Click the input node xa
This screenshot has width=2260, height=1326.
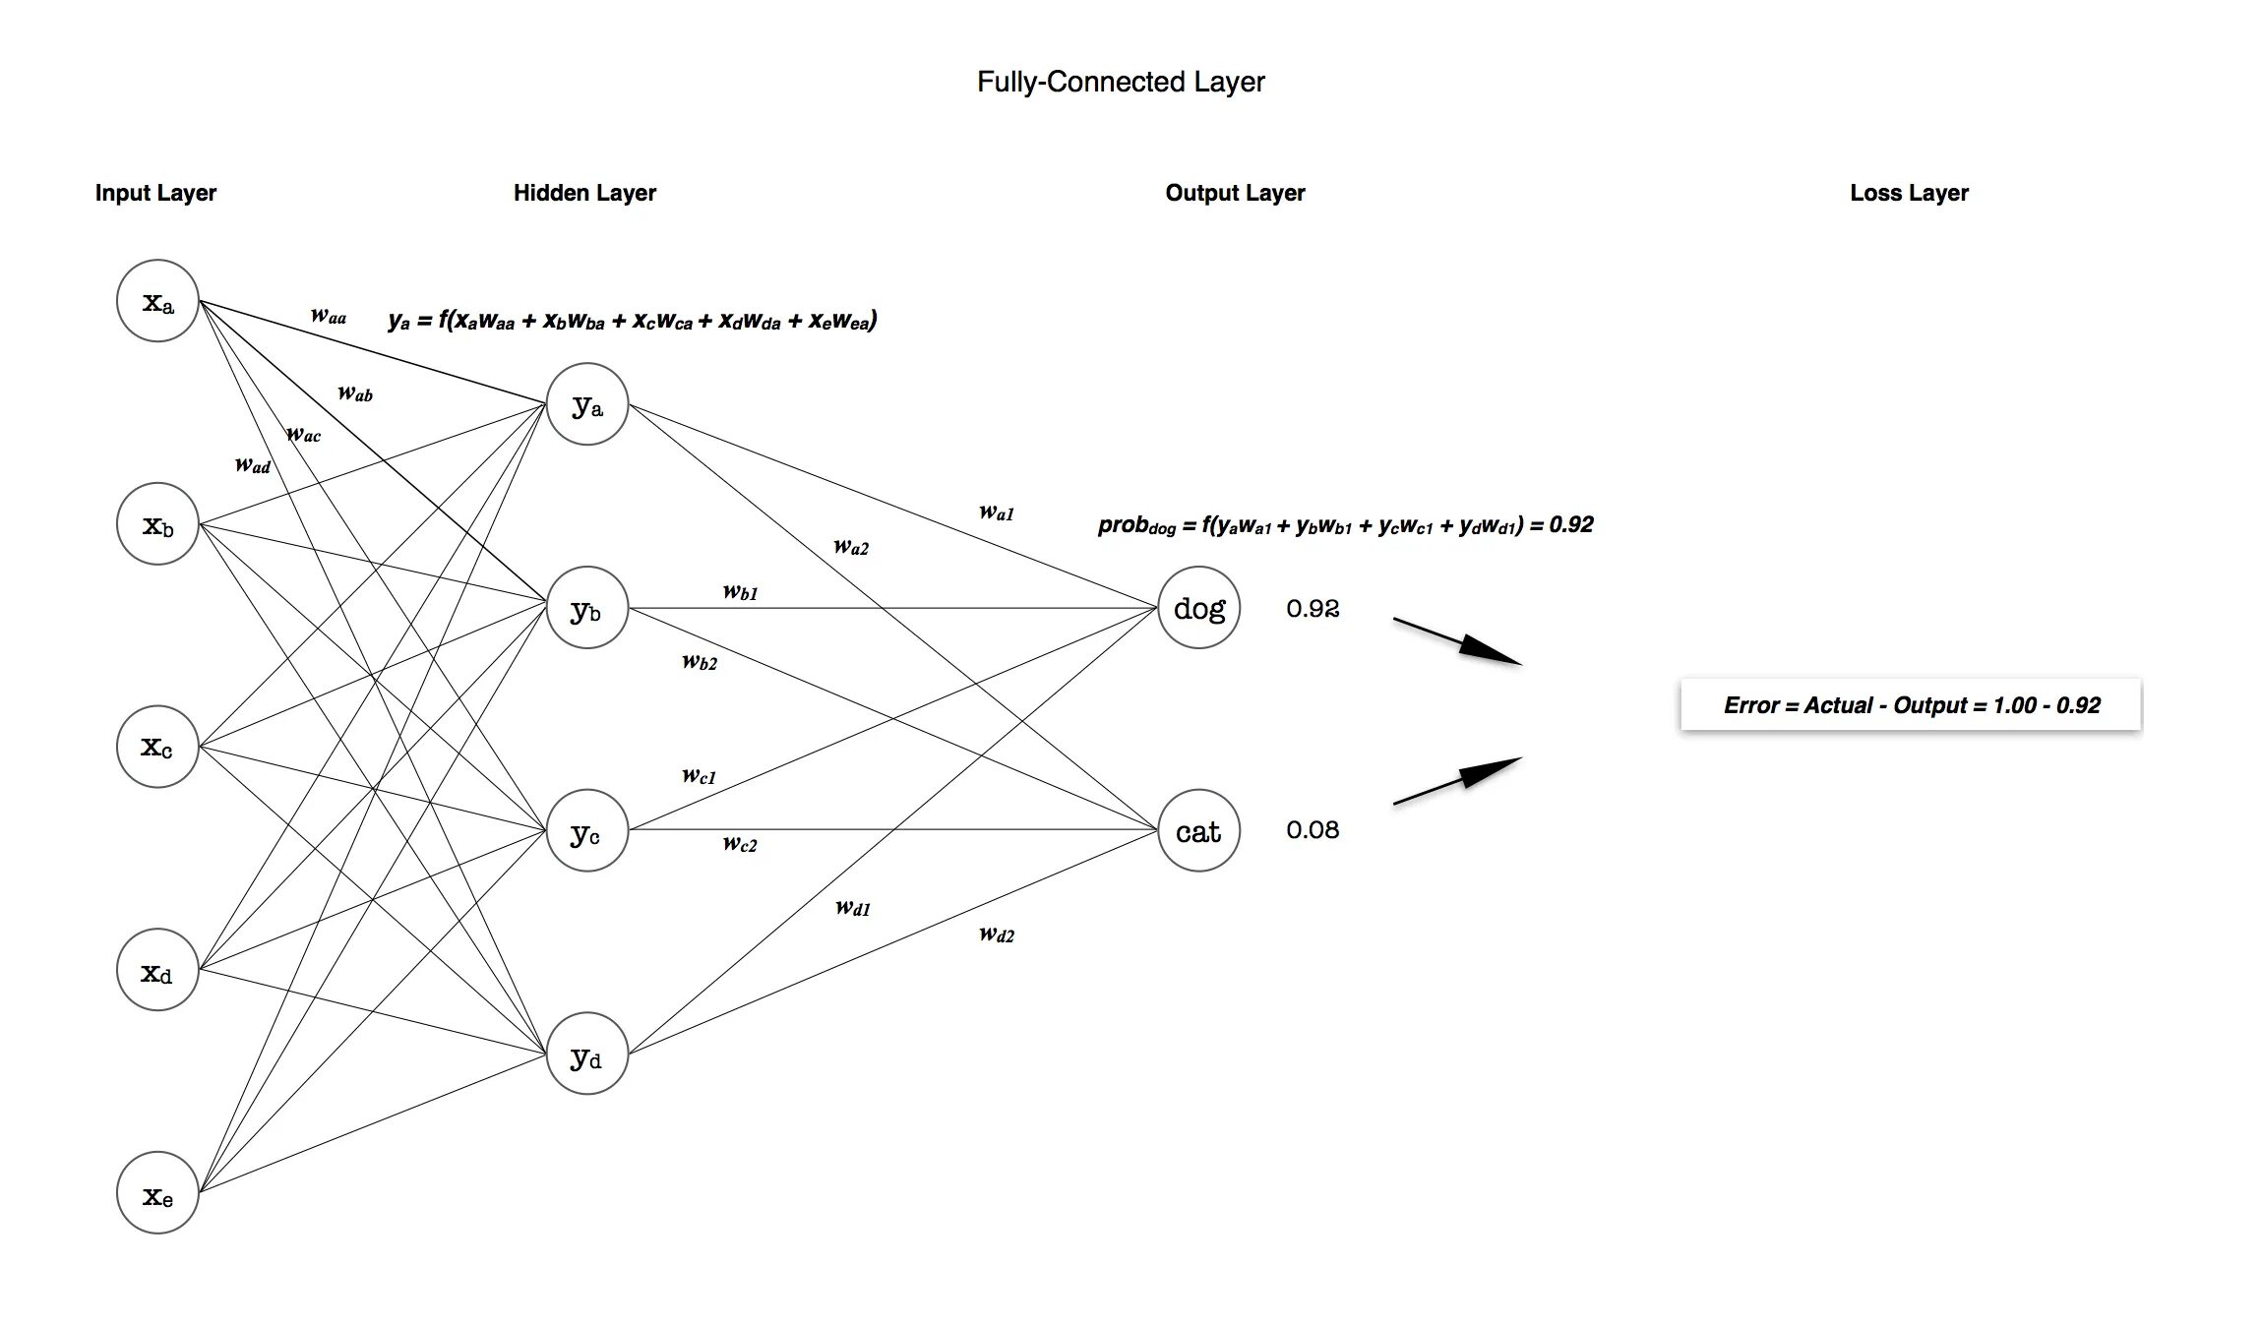coord(157,301)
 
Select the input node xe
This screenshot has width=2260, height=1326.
coord(157,1193)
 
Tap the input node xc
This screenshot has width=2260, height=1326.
coord(157,747)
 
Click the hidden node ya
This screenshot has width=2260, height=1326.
coord(587,404)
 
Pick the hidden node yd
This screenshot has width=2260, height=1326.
coord(587,1054)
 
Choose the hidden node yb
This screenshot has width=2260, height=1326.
coord(587,608)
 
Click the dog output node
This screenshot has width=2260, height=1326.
coord(1198,608)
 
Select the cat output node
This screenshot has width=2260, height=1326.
coord(1198,831)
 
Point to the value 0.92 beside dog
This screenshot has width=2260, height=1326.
coord(1313,609)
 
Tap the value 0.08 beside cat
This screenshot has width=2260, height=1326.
coord(1313,830)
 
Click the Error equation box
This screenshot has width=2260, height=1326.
coord(1911,705)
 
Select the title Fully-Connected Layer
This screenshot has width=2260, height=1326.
coord(1121,82)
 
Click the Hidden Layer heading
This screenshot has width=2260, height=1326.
coord(584,193)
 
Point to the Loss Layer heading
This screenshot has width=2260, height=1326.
coord(1909,193)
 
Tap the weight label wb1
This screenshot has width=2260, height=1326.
coord(741,591)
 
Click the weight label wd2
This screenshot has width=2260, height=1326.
coord(997,934)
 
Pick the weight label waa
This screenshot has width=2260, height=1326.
coord(329,316)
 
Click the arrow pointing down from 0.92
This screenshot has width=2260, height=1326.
coord(1458,641)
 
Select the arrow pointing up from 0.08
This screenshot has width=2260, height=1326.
coord(1458,780)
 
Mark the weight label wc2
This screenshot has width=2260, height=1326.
coord(740,843)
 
